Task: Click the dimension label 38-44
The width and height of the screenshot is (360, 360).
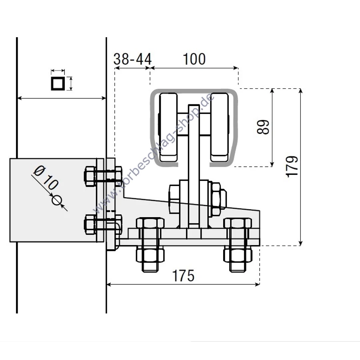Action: [x=132, y=59]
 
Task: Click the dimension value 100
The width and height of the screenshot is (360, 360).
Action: [x=194, y=59]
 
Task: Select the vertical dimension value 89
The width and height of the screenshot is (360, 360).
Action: [x=263, y=127]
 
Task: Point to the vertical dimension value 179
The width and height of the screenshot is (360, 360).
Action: [x=292, y=166]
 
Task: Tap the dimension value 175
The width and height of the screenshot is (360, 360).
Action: [x=183, y=276]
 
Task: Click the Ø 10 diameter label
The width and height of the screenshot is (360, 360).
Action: [x=46, y=178]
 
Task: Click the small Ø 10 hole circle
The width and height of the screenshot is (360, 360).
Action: [x=56, y=200]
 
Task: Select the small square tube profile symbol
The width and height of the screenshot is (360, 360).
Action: [x=58, y=84]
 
